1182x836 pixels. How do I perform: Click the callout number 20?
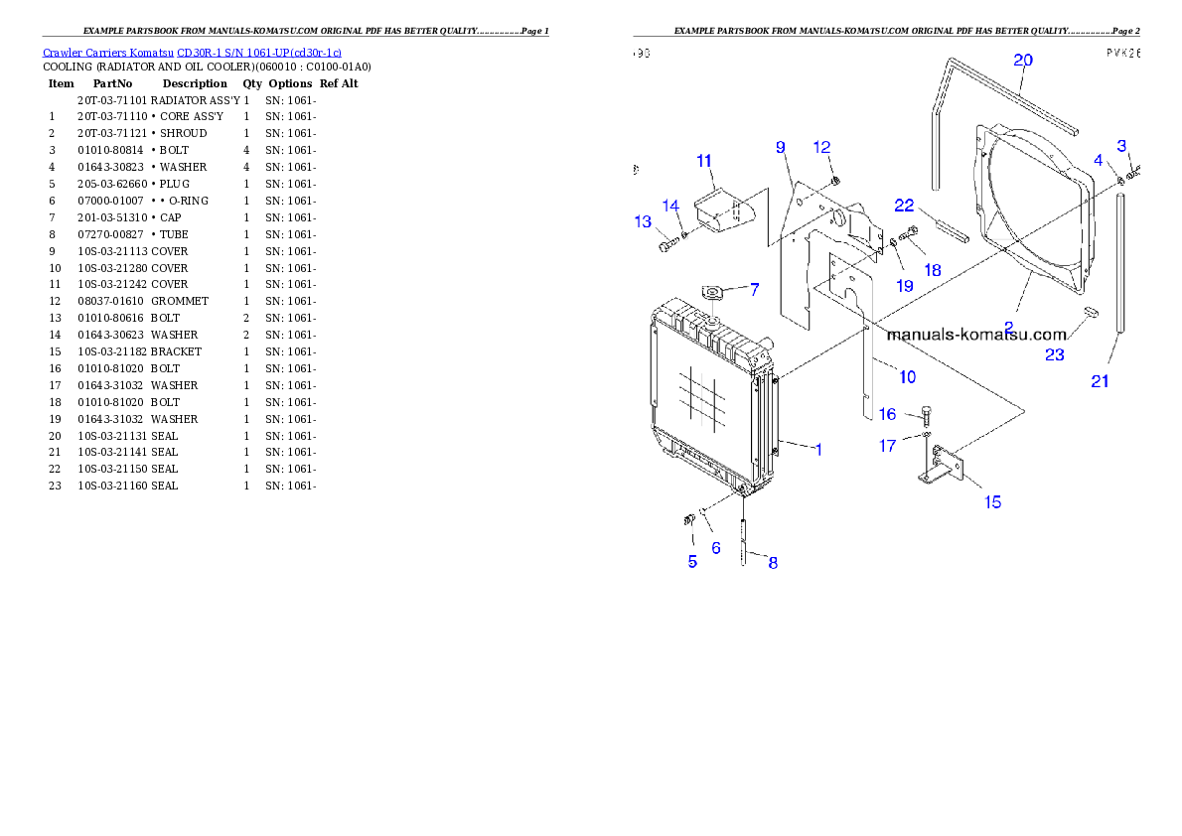point(1022,60)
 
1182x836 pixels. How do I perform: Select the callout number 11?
point(704,160)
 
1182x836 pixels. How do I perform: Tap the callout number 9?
point(781,147)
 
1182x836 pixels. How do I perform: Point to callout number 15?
point(992,501)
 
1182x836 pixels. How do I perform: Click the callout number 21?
point(1100,381)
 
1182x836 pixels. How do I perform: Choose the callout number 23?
point(1054,354)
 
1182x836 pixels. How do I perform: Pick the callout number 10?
point(907,376)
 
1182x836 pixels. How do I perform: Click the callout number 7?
point(754,290)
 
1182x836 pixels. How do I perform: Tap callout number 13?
point(643,221)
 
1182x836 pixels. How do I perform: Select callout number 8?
point(773,563)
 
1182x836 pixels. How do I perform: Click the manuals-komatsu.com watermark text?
point(975,335)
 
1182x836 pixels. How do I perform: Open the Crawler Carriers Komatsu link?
point(192,53)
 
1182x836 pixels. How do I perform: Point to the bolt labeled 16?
point(928,413)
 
